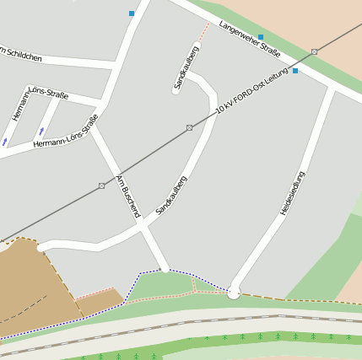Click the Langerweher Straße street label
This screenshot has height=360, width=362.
249,39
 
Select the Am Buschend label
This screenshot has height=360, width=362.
127,196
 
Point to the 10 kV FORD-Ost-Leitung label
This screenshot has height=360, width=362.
251,90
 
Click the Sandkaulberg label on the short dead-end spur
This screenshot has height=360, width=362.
179,68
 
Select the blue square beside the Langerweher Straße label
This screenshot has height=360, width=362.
261,37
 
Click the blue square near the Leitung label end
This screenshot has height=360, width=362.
294,71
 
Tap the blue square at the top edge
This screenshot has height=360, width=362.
132,13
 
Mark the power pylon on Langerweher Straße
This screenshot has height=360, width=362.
314,52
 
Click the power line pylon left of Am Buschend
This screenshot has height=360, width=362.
101,185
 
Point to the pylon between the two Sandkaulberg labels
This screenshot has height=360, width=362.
190,128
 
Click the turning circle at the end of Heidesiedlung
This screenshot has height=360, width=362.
234,293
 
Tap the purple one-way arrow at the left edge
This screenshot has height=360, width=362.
4,142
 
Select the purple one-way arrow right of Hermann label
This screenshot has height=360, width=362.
41,131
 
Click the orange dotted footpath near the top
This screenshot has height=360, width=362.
203,32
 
